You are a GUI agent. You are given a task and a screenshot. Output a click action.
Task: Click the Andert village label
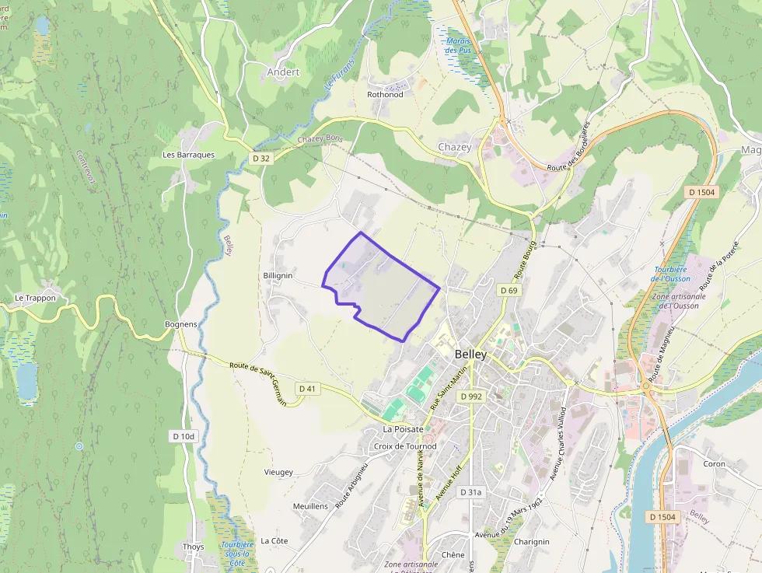click(283, 72)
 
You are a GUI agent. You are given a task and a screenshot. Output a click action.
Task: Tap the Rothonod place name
click(385, 95)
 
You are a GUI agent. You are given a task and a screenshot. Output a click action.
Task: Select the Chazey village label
click(455, 147)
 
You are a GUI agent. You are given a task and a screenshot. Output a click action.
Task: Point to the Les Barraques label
click(188, 155)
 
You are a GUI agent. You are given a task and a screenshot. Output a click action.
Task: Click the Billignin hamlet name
click(278, 276)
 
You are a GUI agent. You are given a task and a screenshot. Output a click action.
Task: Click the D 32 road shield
click(261, 158)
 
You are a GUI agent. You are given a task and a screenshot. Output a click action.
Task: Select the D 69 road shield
click(509, 290)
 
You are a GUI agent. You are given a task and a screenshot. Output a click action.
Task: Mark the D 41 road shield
click(307, 388)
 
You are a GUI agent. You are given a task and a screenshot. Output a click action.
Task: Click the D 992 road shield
click(470, 396)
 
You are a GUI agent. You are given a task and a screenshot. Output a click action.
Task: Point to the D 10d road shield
click(183, 437)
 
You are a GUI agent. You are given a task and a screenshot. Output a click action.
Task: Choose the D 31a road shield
click(470, 492)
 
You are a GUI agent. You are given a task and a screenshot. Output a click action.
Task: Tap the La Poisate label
click(403, 429)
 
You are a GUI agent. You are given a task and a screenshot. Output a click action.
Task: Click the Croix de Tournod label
click(405, 446)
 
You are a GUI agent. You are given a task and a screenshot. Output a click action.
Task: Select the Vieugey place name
click(278, 472)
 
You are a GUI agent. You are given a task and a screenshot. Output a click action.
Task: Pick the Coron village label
click(714, 464)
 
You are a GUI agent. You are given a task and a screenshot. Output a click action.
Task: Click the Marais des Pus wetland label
click(459, 45)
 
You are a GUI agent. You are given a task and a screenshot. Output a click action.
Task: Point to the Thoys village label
click(194, 547)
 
